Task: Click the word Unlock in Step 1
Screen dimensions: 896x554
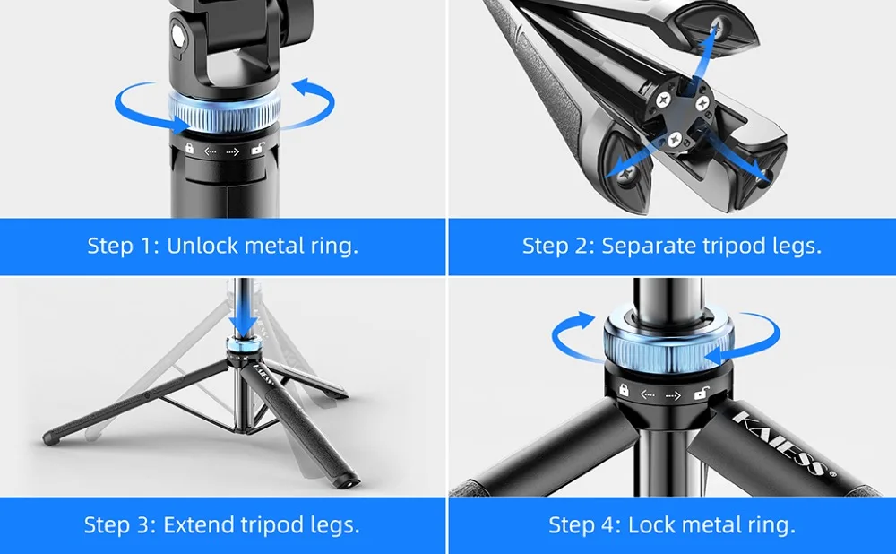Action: coord(202,246)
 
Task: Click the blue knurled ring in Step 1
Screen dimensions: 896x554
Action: coord(225,112)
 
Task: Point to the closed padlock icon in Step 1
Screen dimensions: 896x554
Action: coord(189,149)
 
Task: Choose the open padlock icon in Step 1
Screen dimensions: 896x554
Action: coord(258,149)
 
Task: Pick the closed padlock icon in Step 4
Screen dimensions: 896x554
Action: coord(624,390)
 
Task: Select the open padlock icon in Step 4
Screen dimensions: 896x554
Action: coord(702,394)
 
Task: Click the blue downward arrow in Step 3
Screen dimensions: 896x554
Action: coord(244,316)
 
